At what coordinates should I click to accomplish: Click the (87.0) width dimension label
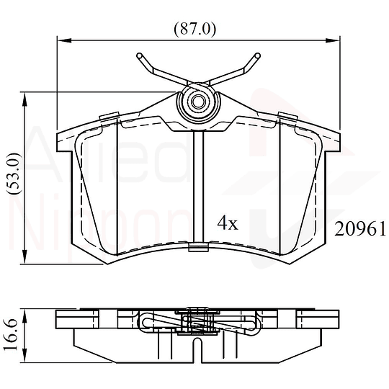pyautogui.click(x=195, y=30)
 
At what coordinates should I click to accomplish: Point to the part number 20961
pyautogui.click(x=362, y=229)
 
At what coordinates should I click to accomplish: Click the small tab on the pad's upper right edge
pyautogui.click(x=287, y=116)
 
